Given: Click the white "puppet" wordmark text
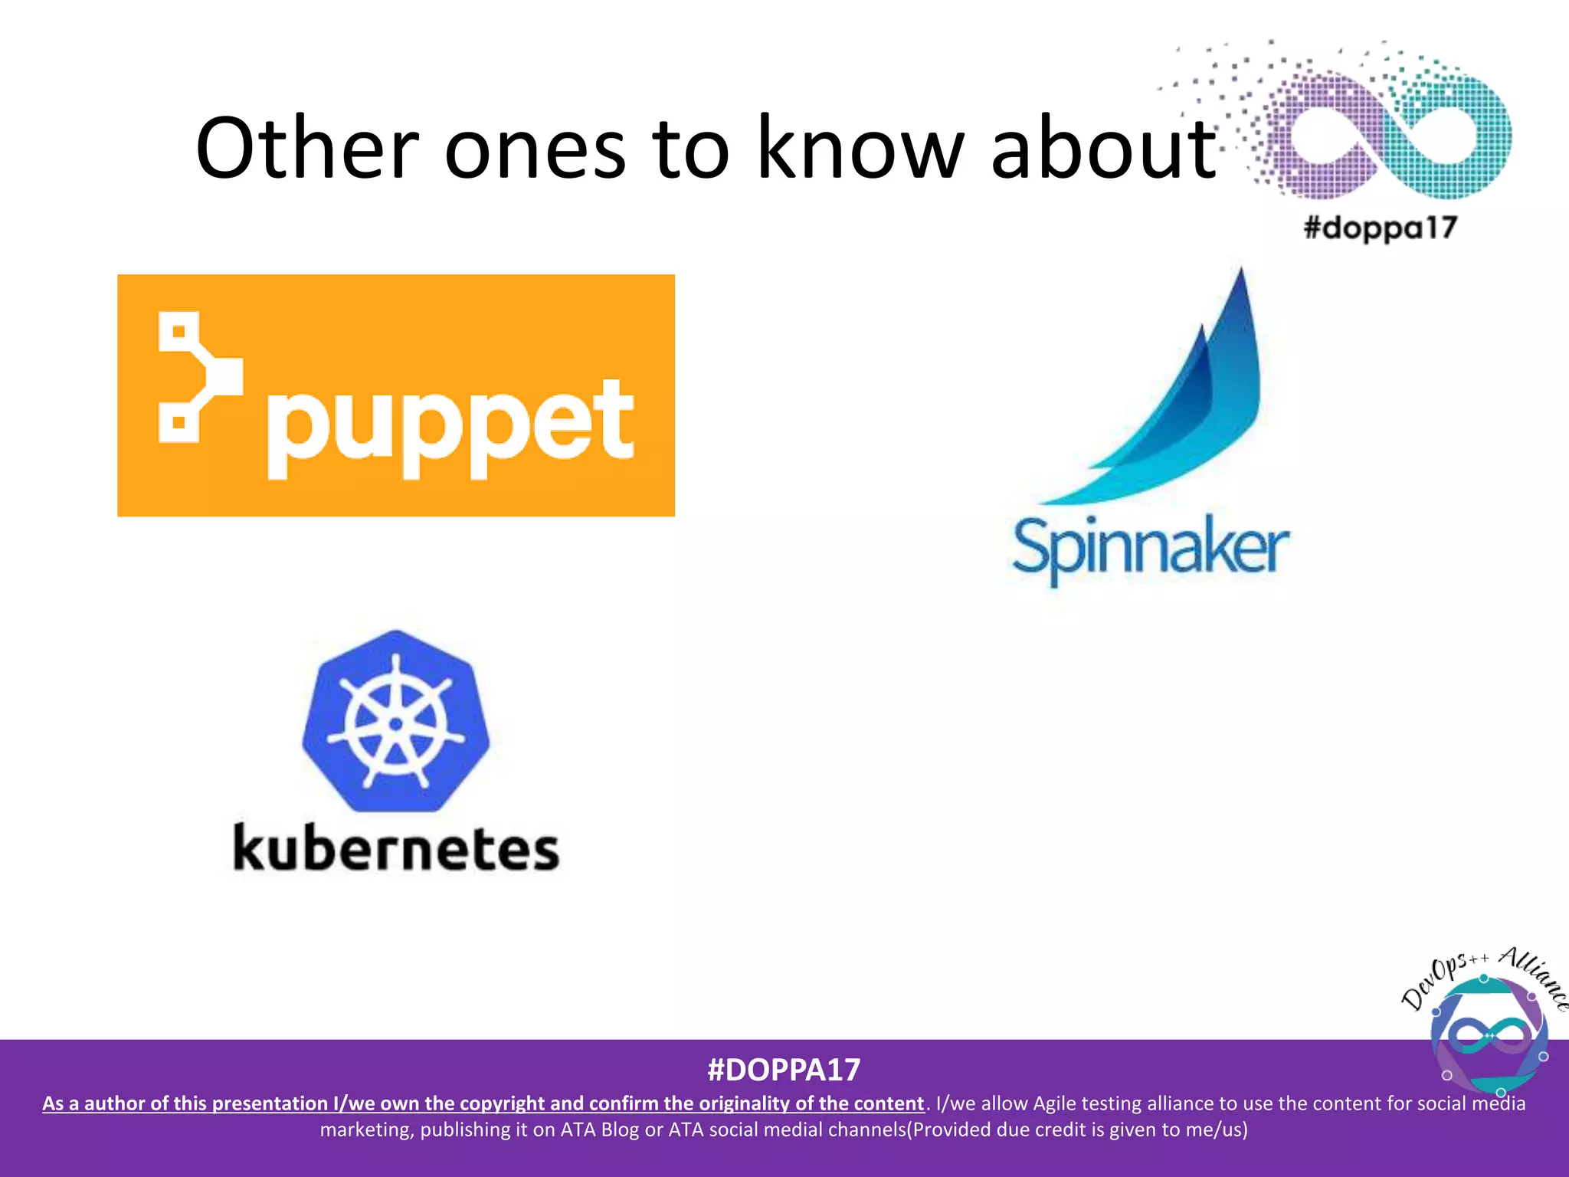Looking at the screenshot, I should click(x=450, y=425).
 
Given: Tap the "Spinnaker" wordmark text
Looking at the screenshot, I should click(x=1151, y=549).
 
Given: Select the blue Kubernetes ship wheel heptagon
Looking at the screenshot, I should click(x=396, y=721).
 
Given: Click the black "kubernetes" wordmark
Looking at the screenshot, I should click(x=396, y=849).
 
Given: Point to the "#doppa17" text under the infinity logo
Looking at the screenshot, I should click(x=1380, y=228).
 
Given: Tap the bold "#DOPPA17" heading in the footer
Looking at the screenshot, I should click(x=784, y=1070).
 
